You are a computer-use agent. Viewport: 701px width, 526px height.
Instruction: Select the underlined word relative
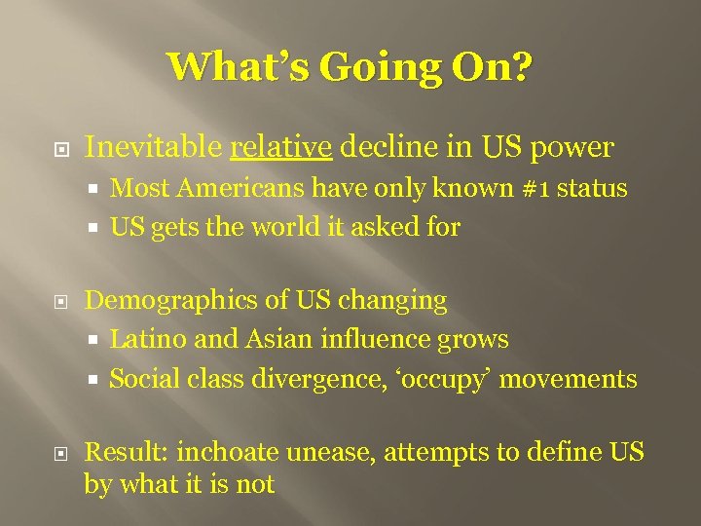(282, 148)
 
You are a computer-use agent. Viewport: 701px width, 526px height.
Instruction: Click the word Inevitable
(154, 148)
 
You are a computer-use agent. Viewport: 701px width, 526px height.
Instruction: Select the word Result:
(126, 452)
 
